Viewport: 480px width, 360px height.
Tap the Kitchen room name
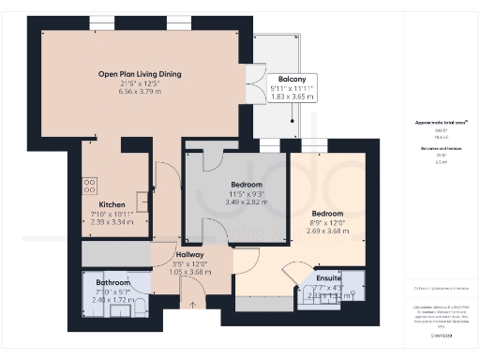(x=112, y=204)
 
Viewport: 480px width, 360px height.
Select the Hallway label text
(x=190, y=255)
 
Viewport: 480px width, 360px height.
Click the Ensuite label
(x=329, y=278)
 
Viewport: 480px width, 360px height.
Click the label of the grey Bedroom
(x=219, y=185)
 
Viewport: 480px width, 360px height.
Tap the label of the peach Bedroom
(x=329, y=213)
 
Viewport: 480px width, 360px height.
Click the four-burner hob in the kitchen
(x=91, y=186)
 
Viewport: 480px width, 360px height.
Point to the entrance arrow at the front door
(x=191, y=304)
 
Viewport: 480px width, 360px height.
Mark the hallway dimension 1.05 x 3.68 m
(x=190, y=273)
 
